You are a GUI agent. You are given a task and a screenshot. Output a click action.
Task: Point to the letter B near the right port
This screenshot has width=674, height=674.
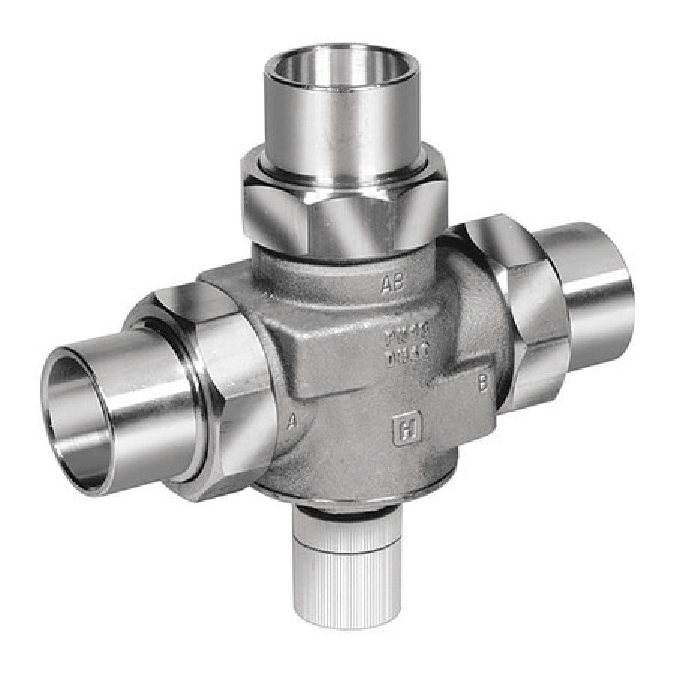(x=483, y=385)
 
